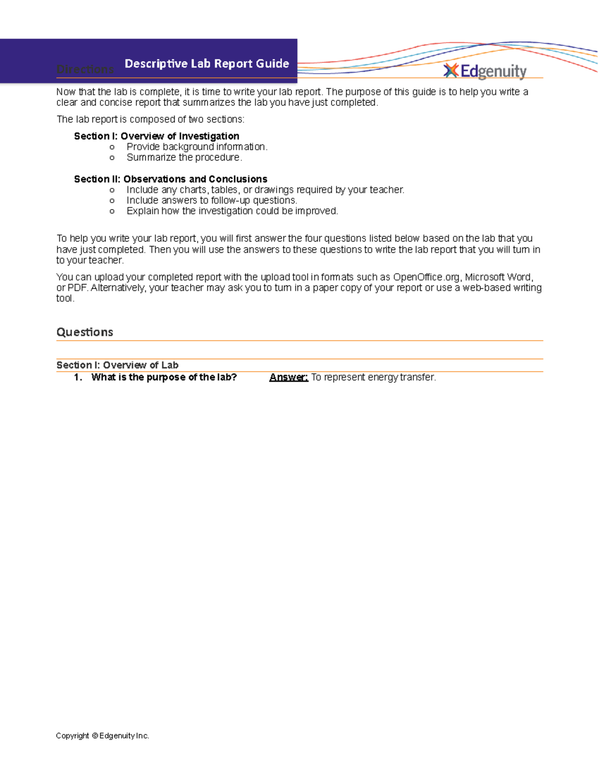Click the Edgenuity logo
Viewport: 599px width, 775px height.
[x=485, y=71]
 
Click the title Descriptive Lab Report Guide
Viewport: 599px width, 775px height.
[x=207, y=63]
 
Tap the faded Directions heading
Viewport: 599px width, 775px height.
[x=85, y=69]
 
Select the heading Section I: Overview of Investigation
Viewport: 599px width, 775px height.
[x=156, y=136]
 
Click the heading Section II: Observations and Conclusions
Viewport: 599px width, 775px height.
[x=170, y=179]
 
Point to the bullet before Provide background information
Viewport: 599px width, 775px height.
[x=112, y=147]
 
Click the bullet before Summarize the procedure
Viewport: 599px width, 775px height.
[x=112, y=158]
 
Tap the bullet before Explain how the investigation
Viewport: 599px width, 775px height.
[x=112, y=211]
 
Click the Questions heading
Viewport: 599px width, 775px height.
[x=85, y=332]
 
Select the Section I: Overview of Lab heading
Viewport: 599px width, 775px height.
[x=117, y=365]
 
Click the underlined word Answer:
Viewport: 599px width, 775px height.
[x=289, y=377]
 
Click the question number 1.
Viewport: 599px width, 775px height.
[x=77, y=377]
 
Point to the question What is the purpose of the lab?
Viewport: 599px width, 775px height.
[x=164, y=377]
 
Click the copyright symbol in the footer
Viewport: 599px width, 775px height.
[x=94, y=736]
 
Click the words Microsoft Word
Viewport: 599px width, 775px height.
[x=499, y=277]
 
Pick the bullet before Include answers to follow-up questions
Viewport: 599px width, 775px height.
[x=112, y=201]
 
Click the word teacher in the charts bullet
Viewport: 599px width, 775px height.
[x=386, y=190]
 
